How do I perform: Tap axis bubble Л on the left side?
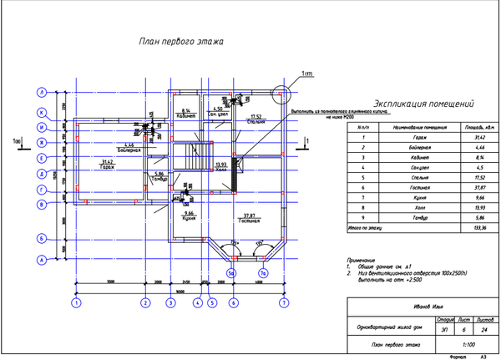[x=40, y=92]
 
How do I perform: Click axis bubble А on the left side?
[x=40, y=259]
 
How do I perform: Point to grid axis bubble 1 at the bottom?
[x=76, y=304]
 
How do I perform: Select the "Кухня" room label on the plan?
[x=190, y=219]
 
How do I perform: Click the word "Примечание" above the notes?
[x=362, y=261]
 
